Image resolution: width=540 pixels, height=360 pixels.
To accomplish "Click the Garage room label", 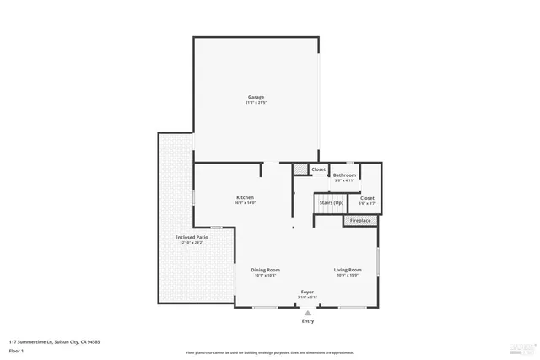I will [256, 97].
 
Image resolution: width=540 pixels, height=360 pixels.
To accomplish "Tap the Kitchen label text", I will [245, 197].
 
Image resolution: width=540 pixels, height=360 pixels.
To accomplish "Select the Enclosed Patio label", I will [192, 237].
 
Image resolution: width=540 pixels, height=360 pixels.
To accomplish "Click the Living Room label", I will [348, 270].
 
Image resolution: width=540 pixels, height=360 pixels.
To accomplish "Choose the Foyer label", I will [307, 292].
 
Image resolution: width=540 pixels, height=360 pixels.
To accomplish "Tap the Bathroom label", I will [345, 175].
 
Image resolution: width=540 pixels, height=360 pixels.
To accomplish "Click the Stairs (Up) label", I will [331, 202].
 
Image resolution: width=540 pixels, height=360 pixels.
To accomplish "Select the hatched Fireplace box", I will [360, 221].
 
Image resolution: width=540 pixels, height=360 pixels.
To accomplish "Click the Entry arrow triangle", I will [307, 312].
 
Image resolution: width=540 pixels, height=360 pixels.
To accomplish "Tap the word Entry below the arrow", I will [307, 321].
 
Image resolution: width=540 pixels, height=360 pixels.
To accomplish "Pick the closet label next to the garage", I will [318, 169].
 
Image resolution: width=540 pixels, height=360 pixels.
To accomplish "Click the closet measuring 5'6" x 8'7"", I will [367, 203].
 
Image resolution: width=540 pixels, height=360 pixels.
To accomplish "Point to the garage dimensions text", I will [256, 103].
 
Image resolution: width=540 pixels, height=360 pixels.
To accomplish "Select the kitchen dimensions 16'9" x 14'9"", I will [245, 203].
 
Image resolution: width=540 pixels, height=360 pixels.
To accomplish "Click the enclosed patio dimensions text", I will [192, 243].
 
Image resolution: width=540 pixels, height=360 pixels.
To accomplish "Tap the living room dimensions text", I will [348, 276].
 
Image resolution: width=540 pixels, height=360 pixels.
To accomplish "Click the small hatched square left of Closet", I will [300, 169].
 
